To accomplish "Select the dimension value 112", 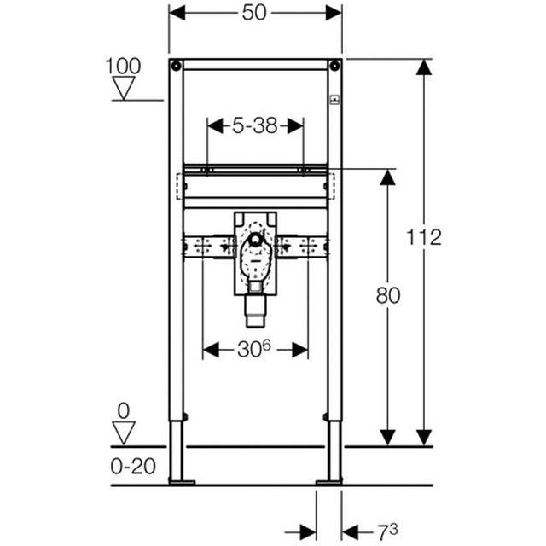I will click(424, 238).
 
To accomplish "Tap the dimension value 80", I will click(387, 296).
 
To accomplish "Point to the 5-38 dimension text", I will click(255, 126).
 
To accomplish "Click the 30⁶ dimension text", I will click(255, 350).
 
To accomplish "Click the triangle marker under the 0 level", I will click(124, 433).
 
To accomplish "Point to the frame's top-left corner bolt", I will click(175, 66).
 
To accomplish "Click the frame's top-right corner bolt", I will click(335, 66).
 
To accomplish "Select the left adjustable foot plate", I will click(182, 482).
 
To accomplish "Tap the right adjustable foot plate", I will click(329, 482).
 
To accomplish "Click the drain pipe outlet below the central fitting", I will click(255, 311).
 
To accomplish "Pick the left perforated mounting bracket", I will click(207, 247).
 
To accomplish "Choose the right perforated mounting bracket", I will click(304, 247).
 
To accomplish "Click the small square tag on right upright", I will click(335, 101).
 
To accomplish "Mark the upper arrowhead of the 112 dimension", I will click(424, 68).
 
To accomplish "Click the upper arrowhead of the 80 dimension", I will click(387, 177).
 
